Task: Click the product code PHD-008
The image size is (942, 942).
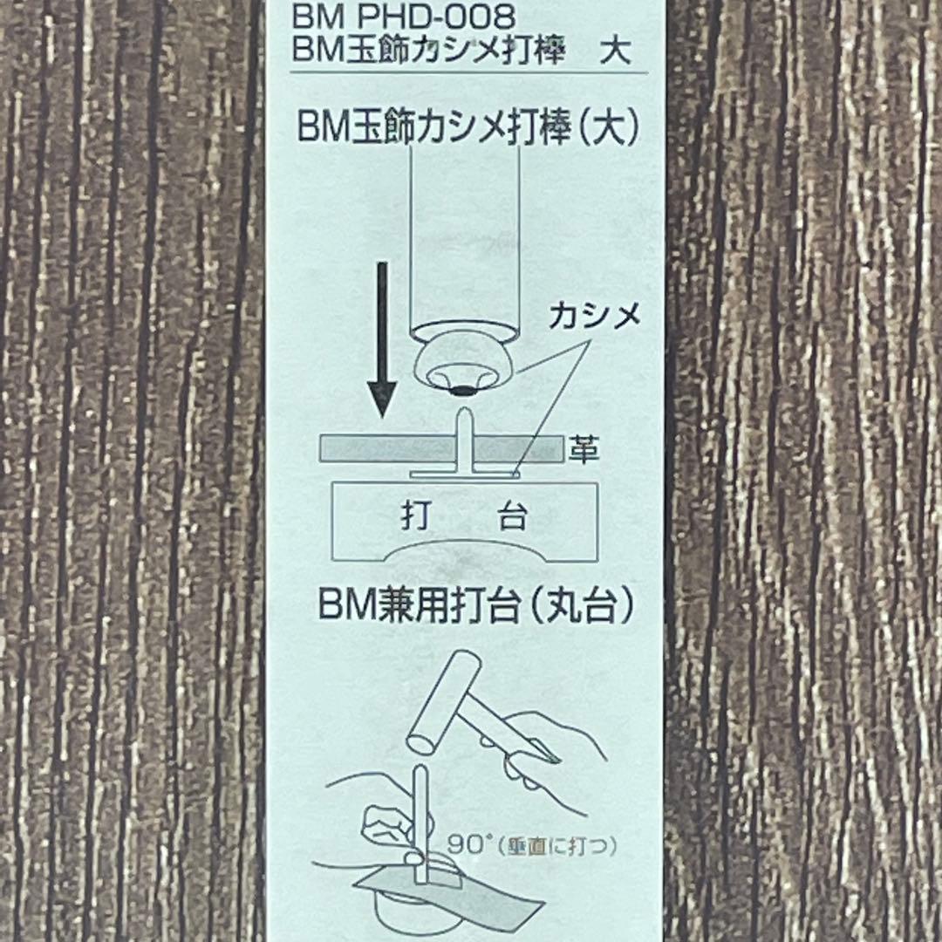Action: coord(436,17)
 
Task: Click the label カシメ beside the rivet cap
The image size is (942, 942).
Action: coord(595,317)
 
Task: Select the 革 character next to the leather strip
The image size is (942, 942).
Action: coord(584,449)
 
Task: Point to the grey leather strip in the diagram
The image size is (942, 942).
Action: coord(441,449)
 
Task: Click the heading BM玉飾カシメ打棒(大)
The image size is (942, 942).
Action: coord(468,128)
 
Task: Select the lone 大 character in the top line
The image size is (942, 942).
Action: coord(615,51)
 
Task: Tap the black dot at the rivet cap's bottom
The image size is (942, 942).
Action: coord(462,391)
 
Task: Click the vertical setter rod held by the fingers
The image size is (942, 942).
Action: coord(420,823)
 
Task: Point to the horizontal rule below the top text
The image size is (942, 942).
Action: coord(469,72)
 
